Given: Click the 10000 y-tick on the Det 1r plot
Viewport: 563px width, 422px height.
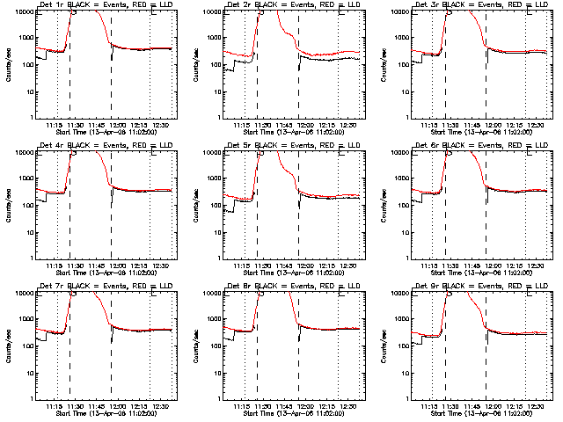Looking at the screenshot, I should click(20, 11).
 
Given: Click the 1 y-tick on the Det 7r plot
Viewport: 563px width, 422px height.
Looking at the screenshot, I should click(29, 398).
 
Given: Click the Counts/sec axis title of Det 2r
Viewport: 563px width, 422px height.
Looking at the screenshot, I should click(194, 63).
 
